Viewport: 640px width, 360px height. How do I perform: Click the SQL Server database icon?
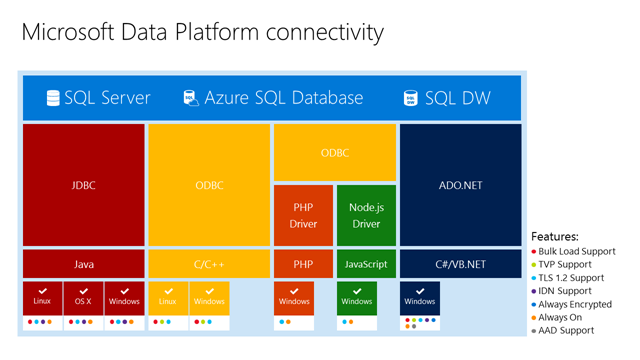tap(53, 98)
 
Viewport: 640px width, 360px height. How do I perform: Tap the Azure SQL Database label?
tap(283, 98)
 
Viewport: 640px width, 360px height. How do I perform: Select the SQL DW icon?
tap(410, 98)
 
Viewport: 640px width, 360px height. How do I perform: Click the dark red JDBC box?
tap(84, 185)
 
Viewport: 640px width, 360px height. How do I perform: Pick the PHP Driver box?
tap(303, 215)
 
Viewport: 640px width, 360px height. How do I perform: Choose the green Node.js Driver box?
tap(366, 215)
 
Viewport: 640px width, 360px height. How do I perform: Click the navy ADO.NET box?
tap(460, 185)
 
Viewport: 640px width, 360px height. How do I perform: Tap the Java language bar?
tap(84, 264)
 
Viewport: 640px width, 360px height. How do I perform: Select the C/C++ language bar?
tap(209, 264)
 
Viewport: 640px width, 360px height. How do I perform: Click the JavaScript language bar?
tap(366, 264)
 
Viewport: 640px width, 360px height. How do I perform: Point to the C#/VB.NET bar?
tap(460, 264)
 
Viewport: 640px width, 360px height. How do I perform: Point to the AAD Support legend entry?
tap(570, 330)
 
